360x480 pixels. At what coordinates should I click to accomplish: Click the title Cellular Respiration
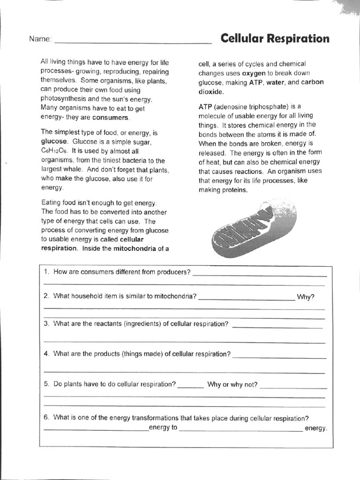click(275, 38)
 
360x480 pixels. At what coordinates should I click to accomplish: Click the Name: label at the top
click(40, 39)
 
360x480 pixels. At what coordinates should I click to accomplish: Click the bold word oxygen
click(254, 73)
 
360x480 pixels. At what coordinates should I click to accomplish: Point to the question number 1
click(46, 272)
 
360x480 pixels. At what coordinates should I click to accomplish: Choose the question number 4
click(46, 354)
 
